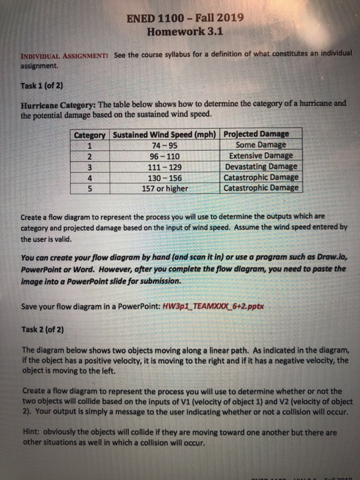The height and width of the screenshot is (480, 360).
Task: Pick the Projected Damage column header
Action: coord(257,133)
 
